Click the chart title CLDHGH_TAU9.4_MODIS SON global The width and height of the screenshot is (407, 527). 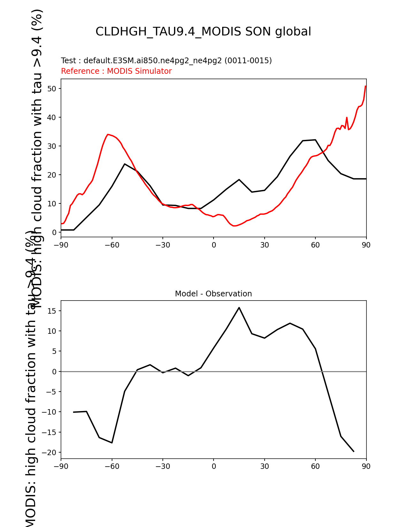[203, 32]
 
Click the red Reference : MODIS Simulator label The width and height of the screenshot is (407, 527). [116, 71]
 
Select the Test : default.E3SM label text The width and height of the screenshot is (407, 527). [166, 61]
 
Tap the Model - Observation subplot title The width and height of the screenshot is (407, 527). [213, 294]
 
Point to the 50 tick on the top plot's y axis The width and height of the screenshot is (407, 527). [52, 88]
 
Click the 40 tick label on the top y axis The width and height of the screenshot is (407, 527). [52, 117]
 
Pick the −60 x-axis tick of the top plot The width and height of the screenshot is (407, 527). [112, 245]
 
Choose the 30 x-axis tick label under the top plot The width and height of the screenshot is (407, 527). [264, 245]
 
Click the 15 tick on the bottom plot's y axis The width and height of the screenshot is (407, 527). [52, 311]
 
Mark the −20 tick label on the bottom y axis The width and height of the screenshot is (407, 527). [50, 452]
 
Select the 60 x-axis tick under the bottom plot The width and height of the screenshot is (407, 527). [315, 466]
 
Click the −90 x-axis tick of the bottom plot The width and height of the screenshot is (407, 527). [61, 466]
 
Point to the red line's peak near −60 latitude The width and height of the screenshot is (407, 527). [108, 134]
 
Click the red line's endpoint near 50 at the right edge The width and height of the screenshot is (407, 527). [366, 86]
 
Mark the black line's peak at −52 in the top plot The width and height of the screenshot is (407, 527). [124, 164]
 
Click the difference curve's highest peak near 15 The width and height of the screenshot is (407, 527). [239, 308]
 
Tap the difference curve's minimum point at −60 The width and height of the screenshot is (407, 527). [112, 443]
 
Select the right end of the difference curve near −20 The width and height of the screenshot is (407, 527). [354, 451]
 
